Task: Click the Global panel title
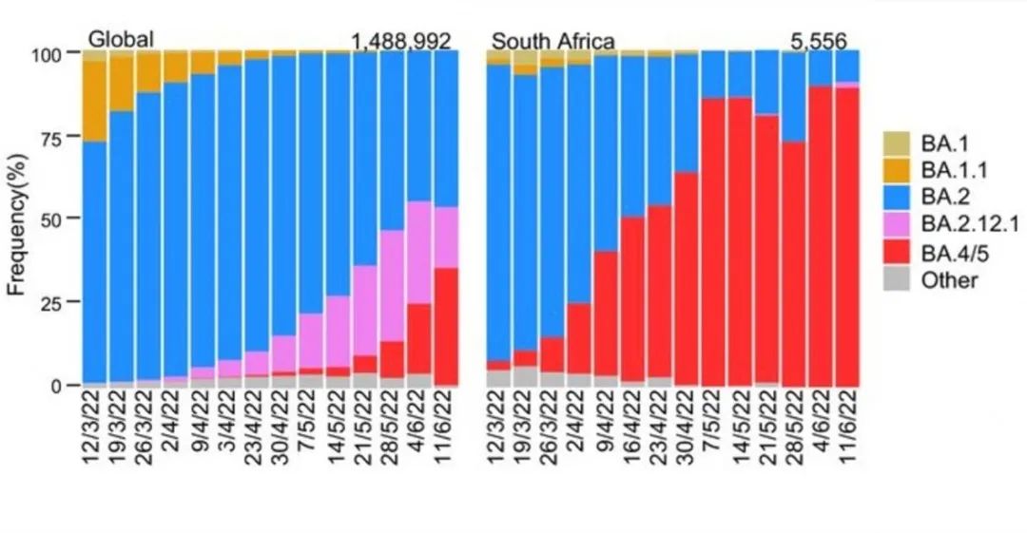click(121, 40)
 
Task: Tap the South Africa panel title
click(552, 42)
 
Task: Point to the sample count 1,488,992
click(400, 42)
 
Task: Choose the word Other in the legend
click(949, 279)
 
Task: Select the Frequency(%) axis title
click(18, 219)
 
